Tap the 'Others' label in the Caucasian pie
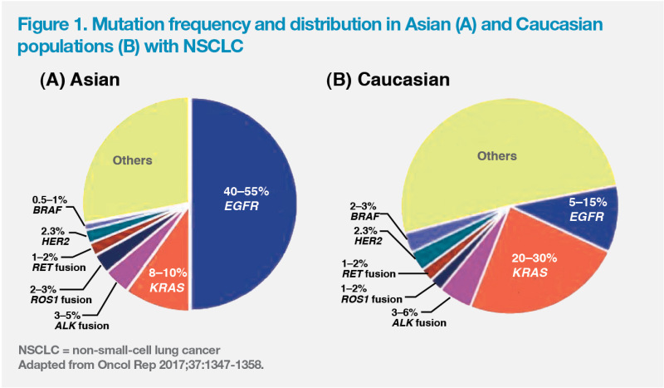click(x=496, y=155)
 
